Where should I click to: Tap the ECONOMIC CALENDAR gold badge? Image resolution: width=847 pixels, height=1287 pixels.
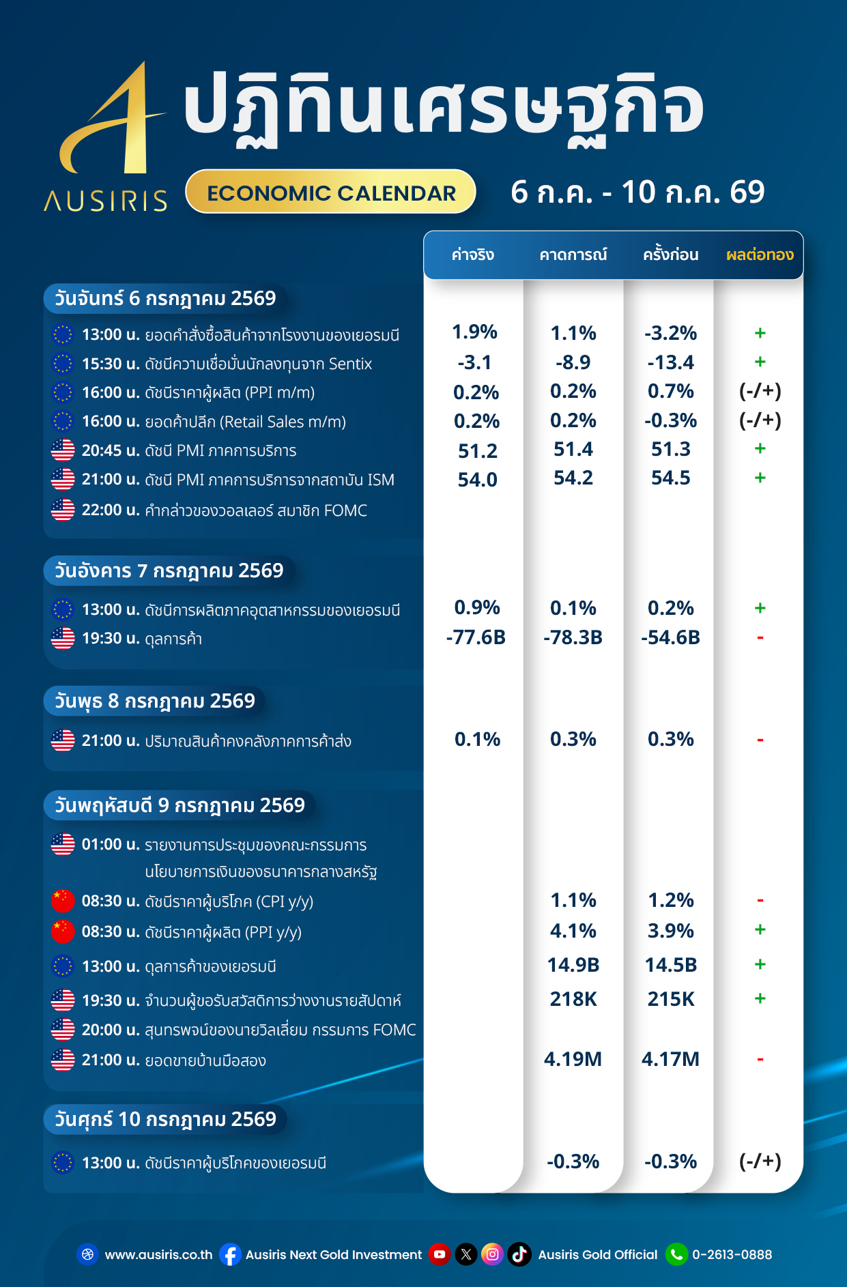(331, 192)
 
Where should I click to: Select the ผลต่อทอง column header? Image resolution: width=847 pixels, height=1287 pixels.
(760, 255)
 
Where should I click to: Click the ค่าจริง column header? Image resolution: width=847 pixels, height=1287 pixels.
(473, 255)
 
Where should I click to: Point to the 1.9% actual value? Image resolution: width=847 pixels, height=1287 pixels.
(475, 332)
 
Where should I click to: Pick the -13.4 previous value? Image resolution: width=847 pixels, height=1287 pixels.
(671, 362)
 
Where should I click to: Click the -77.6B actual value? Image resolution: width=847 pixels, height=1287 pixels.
(476, 637)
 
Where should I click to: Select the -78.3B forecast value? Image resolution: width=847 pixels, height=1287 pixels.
(573, 637)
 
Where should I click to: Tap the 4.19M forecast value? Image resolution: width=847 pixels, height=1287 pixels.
(573, 1059)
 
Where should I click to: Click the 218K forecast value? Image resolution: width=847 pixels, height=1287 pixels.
(573, 999)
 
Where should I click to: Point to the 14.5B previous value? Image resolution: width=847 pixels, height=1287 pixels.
(671, 965)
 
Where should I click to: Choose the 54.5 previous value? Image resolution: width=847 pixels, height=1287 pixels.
(671, 478)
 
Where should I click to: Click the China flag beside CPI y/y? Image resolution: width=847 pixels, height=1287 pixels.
(63, 901)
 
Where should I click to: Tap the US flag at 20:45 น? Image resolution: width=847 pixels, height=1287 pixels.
(63, 450)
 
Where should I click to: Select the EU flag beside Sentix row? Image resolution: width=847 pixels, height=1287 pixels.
(63, 364)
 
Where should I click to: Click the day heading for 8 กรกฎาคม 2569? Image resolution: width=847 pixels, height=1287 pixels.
(155, 701)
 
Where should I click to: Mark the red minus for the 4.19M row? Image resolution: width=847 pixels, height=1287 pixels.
(760, 1060)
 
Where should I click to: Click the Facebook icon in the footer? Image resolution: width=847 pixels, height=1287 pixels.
(231, 1254)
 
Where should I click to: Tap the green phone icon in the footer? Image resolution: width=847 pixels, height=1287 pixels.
(676, 1254)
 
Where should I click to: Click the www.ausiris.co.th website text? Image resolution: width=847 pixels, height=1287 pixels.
(158, 1254)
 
